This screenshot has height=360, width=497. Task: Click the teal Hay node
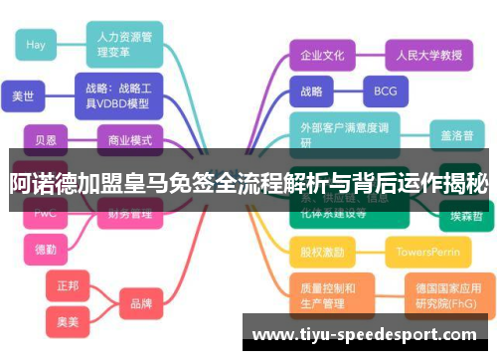(37, 44)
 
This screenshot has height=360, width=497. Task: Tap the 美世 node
(23, 96)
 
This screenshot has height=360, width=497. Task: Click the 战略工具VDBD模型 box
(117, 95)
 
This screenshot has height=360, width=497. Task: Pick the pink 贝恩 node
(46, 140)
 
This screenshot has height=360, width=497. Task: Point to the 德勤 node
(46, 249)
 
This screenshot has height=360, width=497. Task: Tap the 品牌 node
(141, 303)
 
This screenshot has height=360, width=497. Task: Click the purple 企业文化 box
(322, 55)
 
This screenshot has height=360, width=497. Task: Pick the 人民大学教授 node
(422, 55)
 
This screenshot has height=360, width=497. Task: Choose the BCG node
(385, 91)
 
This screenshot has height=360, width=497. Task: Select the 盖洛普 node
(457, 133)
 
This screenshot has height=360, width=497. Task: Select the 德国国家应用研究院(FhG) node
(448, 295)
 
